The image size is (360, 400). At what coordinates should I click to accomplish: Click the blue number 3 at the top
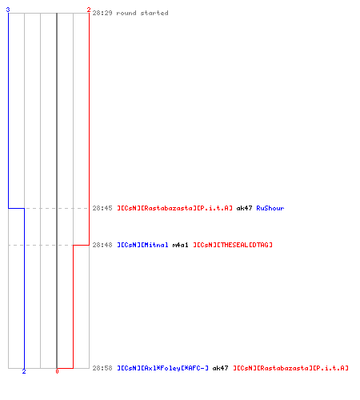point(8,10)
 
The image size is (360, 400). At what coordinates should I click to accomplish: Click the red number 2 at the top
point(89,10)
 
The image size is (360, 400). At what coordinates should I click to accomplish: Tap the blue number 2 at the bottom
point(24,371)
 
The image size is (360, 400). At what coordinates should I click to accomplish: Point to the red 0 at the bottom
point(57,371)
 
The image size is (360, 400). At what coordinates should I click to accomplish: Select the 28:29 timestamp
point(102,13)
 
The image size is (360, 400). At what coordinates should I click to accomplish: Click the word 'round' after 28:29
point(126,13)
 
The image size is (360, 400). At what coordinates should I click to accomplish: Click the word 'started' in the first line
point(154,13)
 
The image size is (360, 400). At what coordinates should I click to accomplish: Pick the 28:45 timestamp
point(102,208)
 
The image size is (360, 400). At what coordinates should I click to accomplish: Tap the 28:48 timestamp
point(102,245)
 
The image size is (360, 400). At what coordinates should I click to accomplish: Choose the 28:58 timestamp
point(102,368)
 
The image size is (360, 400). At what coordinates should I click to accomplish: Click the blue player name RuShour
point(270,208)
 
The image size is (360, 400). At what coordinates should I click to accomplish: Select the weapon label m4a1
point(180,245)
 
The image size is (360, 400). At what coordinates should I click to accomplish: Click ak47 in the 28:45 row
point(244,208)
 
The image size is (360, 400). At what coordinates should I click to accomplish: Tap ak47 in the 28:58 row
point(220,368)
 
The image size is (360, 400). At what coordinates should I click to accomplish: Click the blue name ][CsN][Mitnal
point(142,245)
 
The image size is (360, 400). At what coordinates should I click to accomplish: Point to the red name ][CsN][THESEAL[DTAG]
point(233,245)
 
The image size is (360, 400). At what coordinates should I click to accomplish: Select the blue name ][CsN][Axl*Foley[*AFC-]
point(162,368)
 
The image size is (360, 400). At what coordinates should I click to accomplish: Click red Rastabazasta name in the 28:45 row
point(174,208)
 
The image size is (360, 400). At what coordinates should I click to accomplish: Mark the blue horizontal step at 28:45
point(17,208)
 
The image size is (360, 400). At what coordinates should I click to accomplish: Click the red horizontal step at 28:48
point(81,245)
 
